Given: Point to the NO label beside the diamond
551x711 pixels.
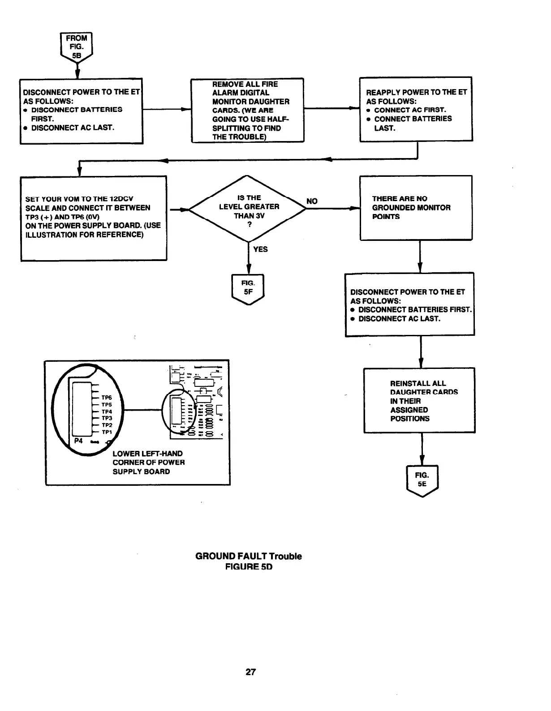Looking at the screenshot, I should click(x=312, y=201).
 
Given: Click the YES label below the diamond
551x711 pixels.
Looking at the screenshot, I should click(x=260, y=249).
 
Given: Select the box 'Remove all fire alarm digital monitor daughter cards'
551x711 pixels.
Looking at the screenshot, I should click(x=248, y=110).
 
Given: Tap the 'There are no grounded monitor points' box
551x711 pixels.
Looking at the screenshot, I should click(x=416, y=208).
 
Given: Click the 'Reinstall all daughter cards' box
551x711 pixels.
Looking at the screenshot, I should click(x=419, y=401).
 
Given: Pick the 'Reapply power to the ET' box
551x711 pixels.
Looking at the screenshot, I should click(x=416, y=110).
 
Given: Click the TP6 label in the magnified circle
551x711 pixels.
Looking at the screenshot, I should click(x=107, y=398).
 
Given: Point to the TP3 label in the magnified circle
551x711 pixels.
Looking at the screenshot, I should click(x=107, y=418).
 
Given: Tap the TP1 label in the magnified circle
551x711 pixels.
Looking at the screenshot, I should click(x=107, y=432).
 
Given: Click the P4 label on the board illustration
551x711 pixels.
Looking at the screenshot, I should click(x=78, y=441).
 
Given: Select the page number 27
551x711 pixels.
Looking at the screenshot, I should click(x=250, y=672).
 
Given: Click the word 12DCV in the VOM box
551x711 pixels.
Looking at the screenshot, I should click(x=121, y=199).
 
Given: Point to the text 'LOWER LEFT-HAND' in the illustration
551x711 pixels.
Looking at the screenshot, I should click(x=147, y=454).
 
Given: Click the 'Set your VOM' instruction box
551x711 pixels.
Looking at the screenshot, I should click(x=94, y=218).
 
